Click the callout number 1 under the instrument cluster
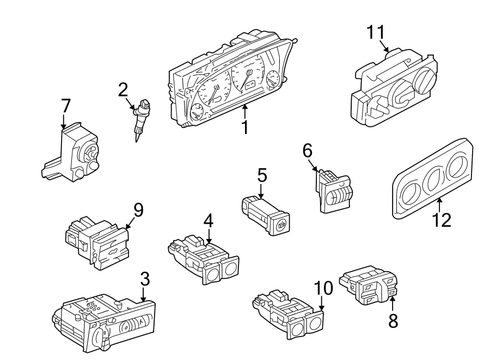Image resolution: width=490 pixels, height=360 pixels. (x=245, y=127)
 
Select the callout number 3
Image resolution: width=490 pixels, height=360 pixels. (x=144, y=279)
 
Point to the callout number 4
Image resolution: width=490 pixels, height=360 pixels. (x=209, y=221)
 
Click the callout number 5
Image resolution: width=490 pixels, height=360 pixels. (x=262, y=176)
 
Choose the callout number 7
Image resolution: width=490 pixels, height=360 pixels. (x=65, y=106)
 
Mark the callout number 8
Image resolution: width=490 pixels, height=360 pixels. (x=393, y=321)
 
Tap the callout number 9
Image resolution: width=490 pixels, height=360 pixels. (x=138, y=210)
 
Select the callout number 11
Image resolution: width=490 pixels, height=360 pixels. (x=375, y=32)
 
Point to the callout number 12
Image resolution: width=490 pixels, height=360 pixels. (x=442, y=220)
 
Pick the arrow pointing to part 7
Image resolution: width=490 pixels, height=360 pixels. (x=65, y=120)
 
